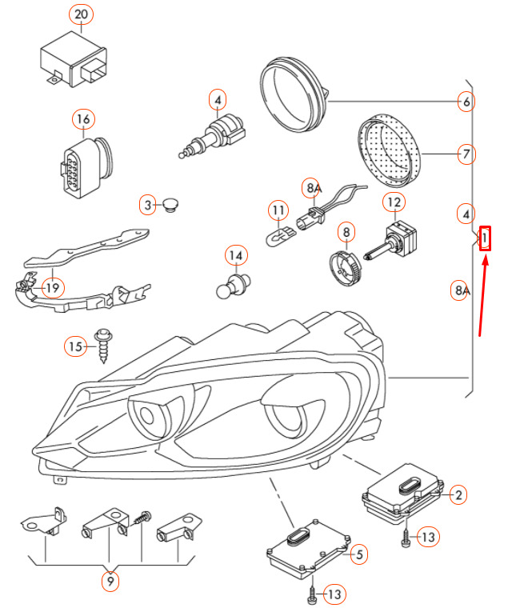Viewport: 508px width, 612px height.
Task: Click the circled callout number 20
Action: click(x=82, y=14)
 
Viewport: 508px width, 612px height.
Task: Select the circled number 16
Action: click(x=83, y=119)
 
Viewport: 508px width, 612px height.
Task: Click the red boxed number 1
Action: click(x=484, y=238)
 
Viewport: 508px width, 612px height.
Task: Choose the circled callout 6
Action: click(x=466, y=102)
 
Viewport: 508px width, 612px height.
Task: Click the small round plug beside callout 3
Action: click(x=170, y=205)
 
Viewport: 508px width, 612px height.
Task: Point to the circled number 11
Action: click(x=277, y=212)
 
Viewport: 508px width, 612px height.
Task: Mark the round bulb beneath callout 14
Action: click(x=230, y=286)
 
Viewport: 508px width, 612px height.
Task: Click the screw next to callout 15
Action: click(x=104, y=346)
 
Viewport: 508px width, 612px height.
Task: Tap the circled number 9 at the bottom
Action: click(x=110, y=582)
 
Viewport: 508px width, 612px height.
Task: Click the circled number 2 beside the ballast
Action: click(x=458, y=495)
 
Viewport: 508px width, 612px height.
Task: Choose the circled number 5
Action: click(x=358, y=553)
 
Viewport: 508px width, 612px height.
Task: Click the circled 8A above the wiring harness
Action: click(x=312, y=189)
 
